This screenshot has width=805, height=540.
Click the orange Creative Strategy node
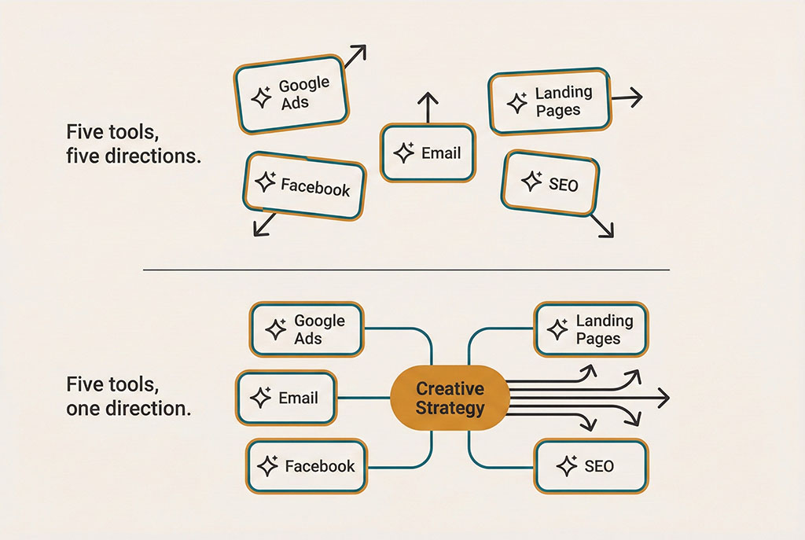[450, 399]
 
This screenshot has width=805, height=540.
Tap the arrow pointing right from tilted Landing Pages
[627, 98]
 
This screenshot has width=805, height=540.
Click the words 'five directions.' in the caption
[134, 156]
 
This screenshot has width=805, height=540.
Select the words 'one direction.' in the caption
[128, 409]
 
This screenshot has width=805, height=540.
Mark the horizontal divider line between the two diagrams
[406, 270]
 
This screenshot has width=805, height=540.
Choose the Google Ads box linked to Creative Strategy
[307, 329]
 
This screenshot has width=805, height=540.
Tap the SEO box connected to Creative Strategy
[590, 466]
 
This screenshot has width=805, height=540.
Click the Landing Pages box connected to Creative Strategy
[591, 329]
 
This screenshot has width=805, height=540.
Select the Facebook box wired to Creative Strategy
[307, 466]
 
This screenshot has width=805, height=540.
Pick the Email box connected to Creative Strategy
[286, 399]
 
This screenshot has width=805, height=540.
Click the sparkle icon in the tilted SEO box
[532, 182]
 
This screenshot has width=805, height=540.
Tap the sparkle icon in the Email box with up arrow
[404, 153]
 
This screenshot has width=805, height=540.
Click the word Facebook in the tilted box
[315, 187]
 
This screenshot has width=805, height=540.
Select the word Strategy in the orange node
[450, 409]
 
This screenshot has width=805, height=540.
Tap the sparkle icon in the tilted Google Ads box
[260, 97]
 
